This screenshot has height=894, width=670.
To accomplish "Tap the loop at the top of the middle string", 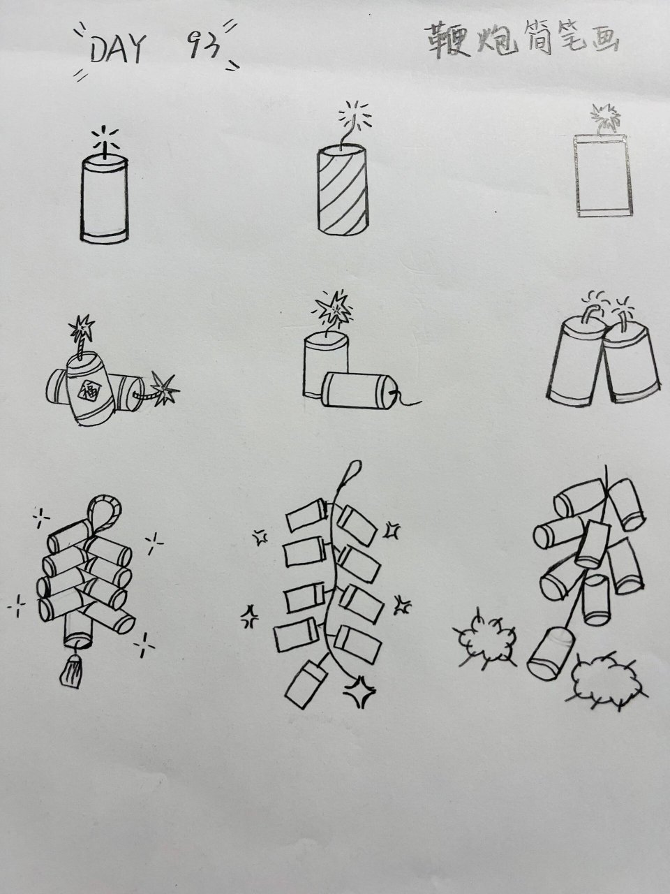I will (x=354, y=469).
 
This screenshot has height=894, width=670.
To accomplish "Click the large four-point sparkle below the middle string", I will (x=359, y=693).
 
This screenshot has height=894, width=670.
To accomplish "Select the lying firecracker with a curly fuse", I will (x=357, y=391).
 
